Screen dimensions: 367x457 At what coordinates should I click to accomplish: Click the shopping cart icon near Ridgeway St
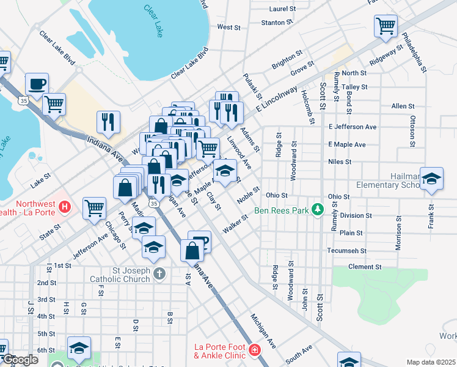coord(386,26)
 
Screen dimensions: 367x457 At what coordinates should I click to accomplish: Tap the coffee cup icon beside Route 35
coord(37,84)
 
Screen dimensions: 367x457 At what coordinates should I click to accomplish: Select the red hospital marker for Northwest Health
coord(65,207)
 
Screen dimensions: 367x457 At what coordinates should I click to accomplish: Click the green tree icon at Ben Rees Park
coord(317,210)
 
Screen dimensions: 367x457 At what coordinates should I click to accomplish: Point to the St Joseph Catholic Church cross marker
coord(159,273)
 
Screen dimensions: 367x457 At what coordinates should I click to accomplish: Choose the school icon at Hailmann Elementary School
coord(431,179)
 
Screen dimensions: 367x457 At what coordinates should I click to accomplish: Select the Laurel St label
coord(282,9)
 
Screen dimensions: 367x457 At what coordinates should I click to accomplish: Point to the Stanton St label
coord(277,23)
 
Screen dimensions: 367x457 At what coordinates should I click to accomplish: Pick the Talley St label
coord(354,87)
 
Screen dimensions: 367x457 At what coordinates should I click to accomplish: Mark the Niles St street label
coord(340,162)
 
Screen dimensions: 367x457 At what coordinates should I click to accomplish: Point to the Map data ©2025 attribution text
coord(431,362)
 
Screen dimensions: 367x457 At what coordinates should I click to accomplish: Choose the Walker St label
coord(235,223)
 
